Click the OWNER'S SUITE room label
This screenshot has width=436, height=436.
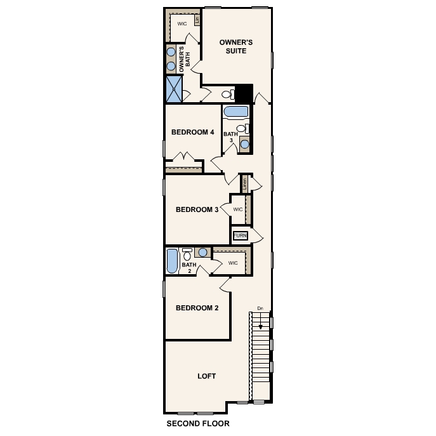click(x=236, y=46)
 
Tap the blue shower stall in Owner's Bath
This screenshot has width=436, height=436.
click(x=174, y=89)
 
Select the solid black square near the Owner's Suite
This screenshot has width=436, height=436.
click(x=244, y=93)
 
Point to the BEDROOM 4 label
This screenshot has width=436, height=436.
click(x=193, y=133)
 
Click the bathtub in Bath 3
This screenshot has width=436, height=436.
click(x=236, y=112)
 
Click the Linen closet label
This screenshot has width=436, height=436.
click(x=245, y=184)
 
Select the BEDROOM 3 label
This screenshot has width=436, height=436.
click(x=197, y=209)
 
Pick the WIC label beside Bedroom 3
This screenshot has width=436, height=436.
click(x=238, y=209)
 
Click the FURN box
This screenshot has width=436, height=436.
click(x=240, y=236)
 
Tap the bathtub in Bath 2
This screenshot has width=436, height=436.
click(x=172, y=261)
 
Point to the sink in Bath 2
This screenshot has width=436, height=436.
click(x=202, y=252)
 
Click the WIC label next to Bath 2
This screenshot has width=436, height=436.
click(x=232, y=262)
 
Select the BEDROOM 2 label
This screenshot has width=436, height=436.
click(x=197, y=308)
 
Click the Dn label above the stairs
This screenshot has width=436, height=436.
click(x=260, y=309)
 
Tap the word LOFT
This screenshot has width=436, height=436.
click(x=206, y=376)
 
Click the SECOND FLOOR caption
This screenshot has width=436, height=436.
click(x=197, y=423)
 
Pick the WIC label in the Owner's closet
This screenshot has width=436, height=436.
click(x=182, y=23)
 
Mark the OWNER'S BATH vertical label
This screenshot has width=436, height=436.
click(x=184, y=58)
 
